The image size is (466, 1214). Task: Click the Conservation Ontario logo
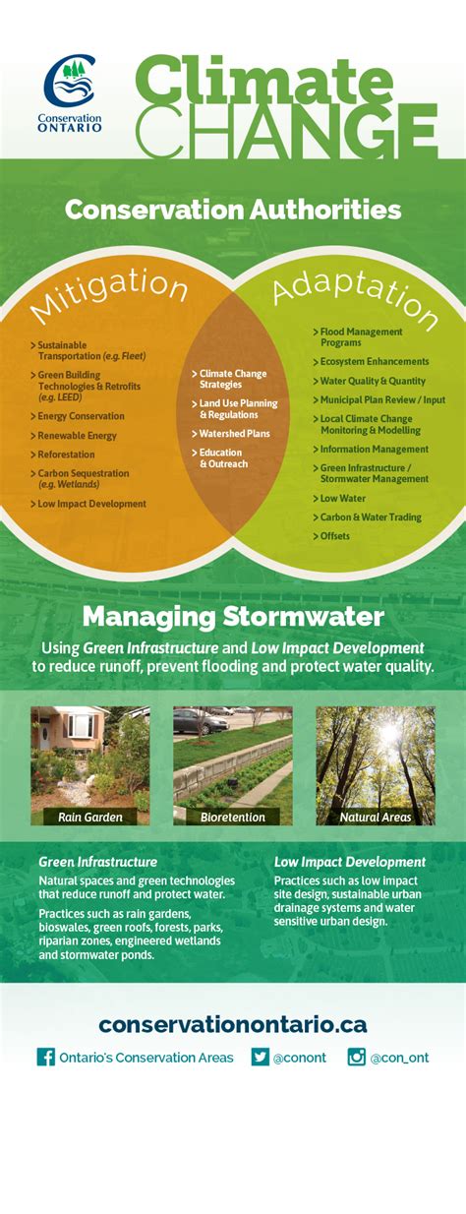pos(71,93)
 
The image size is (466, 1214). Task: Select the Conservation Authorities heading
pos(233,210)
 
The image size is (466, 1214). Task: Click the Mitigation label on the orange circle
pos(108,292)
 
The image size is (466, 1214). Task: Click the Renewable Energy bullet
pos(77,436)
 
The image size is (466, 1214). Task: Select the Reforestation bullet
pos(66,455)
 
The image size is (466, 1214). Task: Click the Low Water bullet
pos(342,498)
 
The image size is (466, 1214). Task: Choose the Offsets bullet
pos(334,536)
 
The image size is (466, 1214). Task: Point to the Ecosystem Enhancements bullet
pos(374,362)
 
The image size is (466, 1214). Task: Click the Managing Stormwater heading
pos(233,617)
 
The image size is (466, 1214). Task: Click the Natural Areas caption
pos(375,817)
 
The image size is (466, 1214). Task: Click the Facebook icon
pos(45,1057)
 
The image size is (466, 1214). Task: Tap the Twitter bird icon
pos(260,1057)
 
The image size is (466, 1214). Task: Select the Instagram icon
pos(356,1057)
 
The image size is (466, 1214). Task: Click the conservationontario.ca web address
pos(233,1024)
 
